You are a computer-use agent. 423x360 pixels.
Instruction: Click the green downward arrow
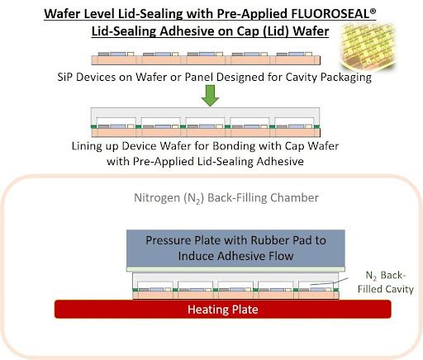tap(210, 96)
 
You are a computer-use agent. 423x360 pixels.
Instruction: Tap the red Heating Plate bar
tap(223, 309)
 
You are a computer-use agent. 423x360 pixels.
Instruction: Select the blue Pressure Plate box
tap(235, 248)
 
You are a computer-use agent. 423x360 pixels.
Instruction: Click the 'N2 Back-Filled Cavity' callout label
tap(386, 282)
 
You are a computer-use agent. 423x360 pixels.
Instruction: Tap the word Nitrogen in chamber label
tap(157, 197)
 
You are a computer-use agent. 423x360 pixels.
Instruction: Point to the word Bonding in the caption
tap(234, 146)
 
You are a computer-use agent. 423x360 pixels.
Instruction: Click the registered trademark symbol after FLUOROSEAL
tap(373, 11)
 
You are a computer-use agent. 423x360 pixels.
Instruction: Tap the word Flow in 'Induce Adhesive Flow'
tap(282, 256)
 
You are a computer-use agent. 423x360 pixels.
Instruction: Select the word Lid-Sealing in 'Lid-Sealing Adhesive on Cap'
tap(124, 31)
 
